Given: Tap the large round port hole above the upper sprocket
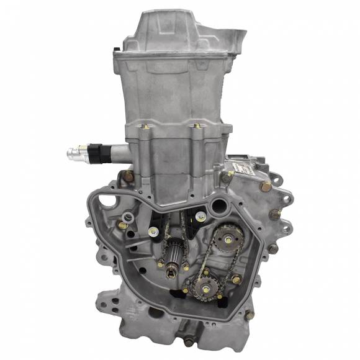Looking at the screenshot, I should click(x=219, y=205).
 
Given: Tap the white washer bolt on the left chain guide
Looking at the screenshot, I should click(x=151, y=232).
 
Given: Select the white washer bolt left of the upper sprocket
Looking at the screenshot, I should click(x=200, y=215).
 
